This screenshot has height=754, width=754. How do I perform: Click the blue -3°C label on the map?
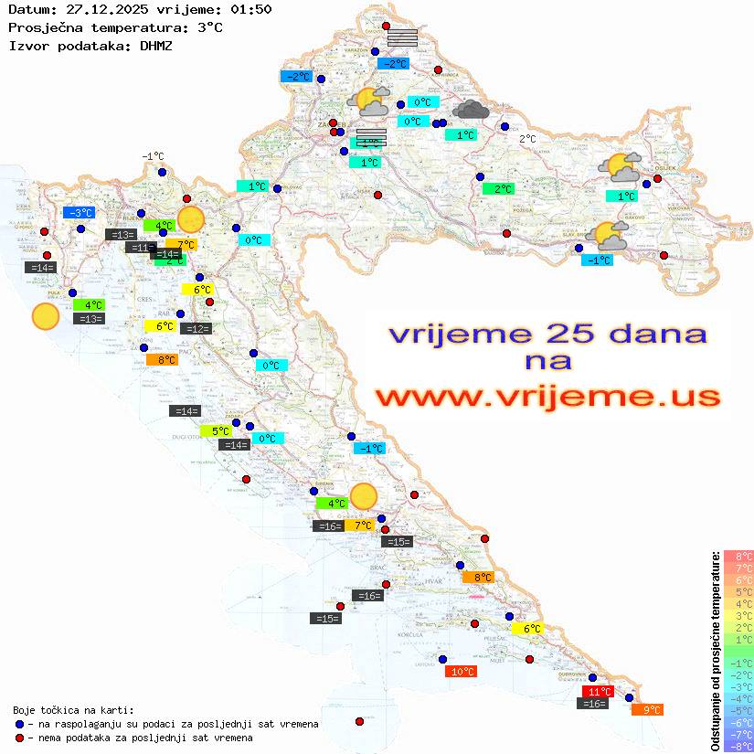(x=80, y=213)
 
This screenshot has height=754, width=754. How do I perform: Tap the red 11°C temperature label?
(x=598, y=691)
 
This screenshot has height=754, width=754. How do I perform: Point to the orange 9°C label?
(x=647, y=709)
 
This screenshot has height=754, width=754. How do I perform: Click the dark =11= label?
(x=139, y=248)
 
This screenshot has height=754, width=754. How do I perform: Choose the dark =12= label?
(x=196, y=329)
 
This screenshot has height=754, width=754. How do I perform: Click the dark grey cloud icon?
(x=471, y=111)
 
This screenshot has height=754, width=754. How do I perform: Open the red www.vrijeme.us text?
(x=547, y=397)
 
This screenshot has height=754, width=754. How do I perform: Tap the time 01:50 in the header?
(x=250, y=9)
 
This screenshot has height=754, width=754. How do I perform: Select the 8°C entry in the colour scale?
(x=738, y=556)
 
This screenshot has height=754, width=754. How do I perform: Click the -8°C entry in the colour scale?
(x=738, y=746)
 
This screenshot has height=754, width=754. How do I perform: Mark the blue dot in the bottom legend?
(x=19, y=724)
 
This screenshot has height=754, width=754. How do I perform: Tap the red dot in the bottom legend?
(x=19, y=738)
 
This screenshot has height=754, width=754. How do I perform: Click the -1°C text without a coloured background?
(x=153, y=157)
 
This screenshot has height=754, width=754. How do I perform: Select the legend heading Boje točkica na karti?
(x=73, y=710)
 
